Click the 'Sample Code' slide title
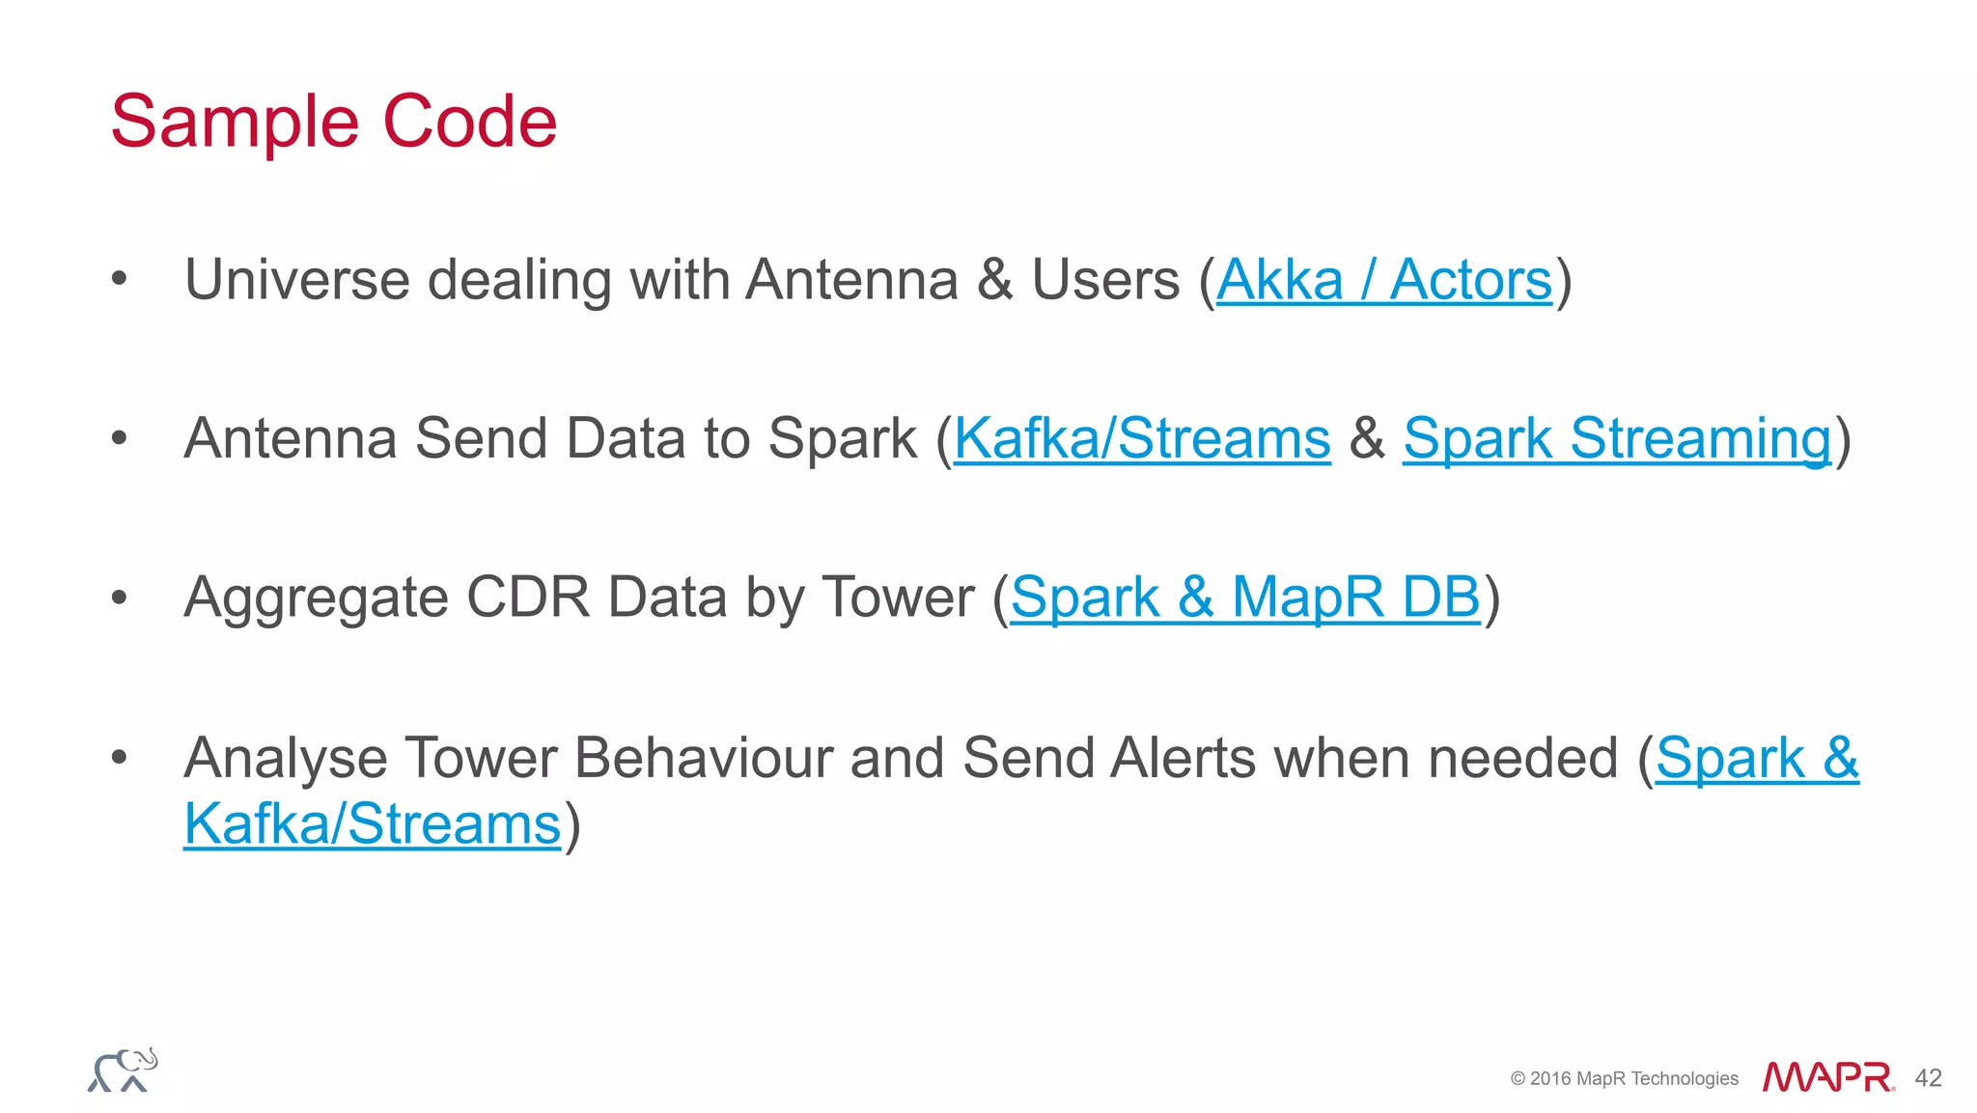[x=334, y=122]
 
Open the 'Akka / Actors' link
[x=1383, y=281]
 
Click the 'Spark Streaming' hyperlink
[x=1616, y=439]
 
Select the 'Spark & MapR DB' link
[x=1244, y=598]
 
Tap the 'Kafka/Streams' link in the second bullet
[x=1141, y=439]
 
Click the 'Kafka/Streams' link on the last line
[x=372, y=825]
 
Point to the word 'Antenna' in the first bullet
[x=851, y=281]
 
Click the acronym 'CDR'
[x=527, y=598]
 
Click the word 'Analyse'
[x=286, y=759]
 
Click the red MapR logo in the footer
[x=1827, y=1077]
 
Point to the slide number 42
[x=1928, y=1078]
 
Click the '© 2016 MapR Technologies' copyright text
[x=1624, y=1078]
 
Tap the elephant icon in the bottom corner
[x=123, y=1070]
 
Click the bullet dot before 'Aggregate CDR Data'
[x=119, y=598]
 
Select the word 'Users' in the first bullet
[x=1105, y=281]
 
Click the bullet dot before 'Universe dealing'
[x=119, y=280]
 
